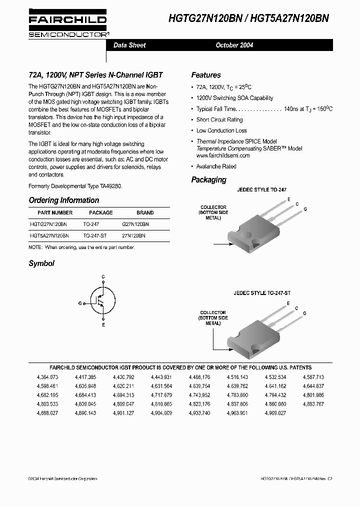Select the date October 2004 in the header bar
234,45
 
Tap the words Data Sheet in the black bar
129,45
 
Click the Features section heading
205,75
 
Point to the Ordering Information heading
63,200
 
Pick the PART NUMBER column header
48,212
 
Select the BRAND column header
145,212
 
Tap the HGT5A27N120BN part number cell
49,235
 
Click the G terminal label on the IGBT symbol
80,303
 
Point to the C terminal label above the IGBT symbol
103,276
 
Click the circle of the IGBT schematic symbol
102,300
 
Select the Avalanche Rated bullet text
216,166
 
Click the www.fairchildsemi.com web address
222,155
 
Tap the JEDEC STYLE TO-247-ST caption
261,293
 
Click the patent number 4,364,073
47,377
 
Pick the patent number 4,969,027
275,413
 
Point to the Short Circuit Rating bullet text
219,120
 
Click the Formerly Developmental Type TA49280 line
75,185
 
